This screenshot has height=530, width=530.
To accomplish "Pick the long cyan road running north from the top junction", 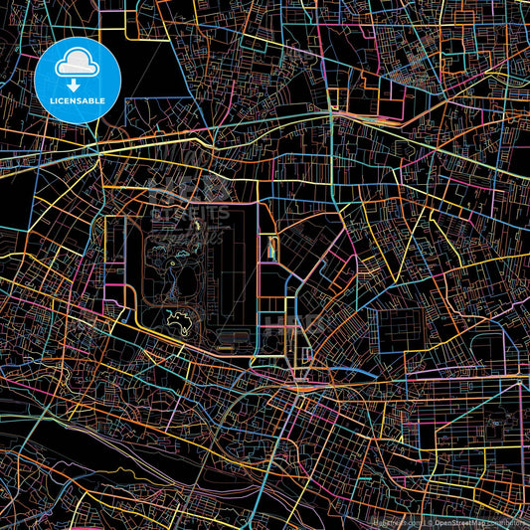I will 332,60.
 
